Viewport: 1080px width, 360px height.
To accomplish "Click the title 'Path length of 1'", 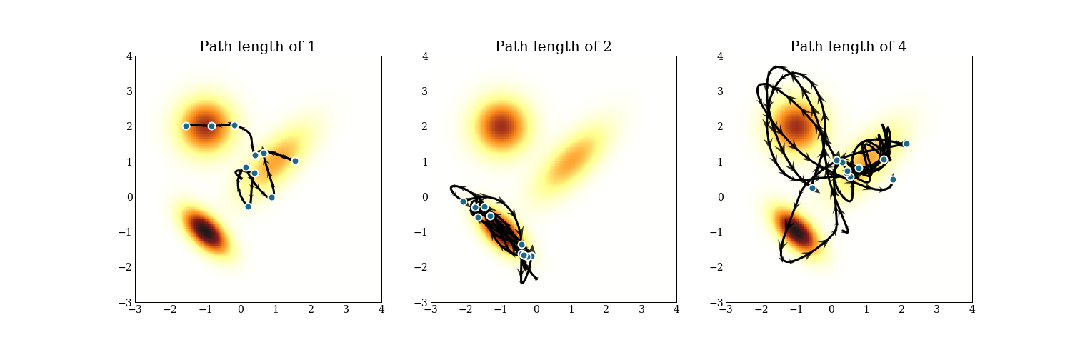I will pyautogui.click(x=257, y=47).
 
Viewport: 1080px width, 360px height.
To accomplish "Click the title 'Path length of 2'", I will pyautogui.click(x=553, y=47).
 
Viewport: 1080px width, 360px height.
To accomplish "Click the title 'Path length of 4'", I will pyautogui.click(x=848, y=47).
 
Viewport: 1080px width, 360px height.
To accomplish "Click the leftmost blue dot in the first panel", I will pyautogui.click(x=186, y=126).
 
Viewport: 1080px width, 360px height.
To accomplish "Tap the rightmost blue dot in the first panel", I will pyautogui.click(x=295, y=161).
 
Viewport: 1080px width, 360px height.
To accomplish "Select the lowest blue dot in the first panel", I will pyautogui.click(x=248, y=206).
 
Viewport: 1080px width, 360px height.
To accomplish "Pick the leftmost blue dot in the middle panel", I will pyautogui.click(x=463, y=201).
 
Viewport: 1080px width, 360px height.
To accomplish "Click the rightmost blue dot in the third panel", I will pyautogui.click(x=906, y=144).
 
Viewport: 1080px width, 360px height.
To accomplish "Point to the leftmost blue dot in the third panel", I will pyautogui.click(x=812, y=189).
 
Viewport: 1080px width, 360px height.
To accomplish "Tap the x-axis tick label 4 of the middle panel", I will pyautogui.click(x=676, y=310).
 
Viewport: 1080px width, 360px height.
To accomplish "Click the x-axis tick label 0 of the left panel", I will pyautogui.click(x=241, y=310).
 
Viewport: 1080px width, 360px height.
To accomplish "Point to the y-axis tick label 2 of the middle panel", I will pyautogui.click(x=424, y=127).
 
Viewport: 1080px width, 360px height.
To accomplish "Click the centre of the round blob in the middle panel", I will pyautogui.click(x=501, y=126).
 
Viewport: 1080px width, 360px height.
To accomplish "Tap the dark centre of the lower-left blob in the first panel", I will pyautogui.click(x=205, y=231).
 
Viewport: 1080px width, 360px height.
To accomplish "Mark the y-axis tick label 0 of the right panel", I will pyautogui.click(x=719, y=197).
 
